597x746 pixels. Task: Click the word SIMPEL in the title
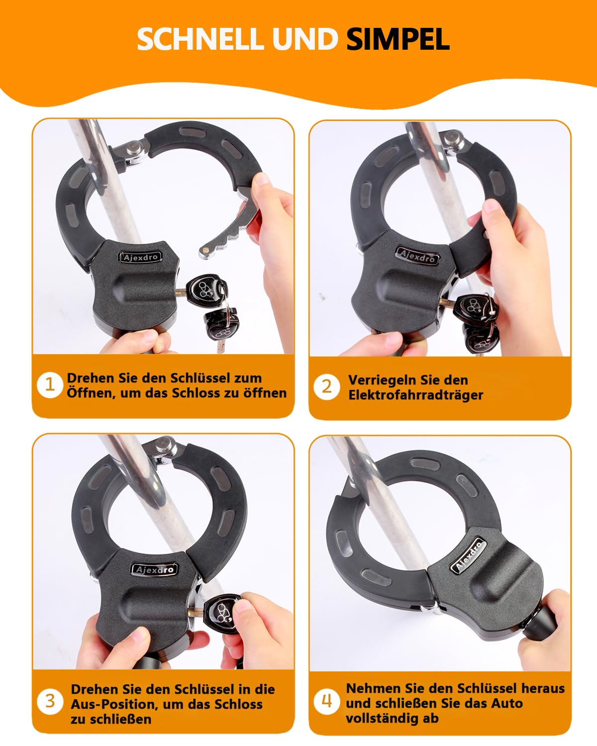[x=398, y=39]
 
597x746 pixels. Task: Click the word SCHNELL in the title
[x=199, y=39]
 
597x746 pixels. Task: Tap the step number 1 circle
[x=50, y=385]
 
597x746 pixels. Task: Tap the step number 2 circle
[x=327, y=386]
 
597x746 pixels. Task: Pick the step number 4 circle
[x=327, y=701]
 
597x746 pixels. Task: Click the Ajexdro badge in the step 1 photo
[x=140, y=257]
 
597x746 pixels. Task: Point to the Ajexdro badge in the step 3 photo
[x=155, y=569]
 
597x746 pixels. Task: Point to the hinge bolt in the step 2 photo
[x=452, y=138]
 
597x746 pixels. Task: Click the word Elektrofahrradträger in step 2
[x=415, y=395]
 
